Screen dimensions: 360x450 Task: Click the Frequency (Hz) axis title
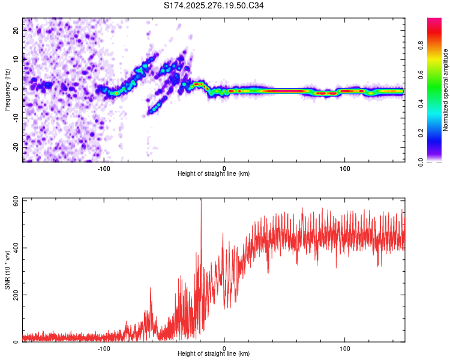point(7,90)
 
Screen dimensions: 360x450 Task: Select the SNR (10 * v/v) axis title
point(7,271)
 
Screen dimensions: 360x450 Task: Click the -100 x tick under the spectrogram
point(104,167)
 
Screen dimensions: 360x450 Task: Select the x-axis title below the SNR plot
point(214,355)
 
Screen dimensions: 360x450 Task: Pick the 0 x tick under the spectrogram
point(224,167)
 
